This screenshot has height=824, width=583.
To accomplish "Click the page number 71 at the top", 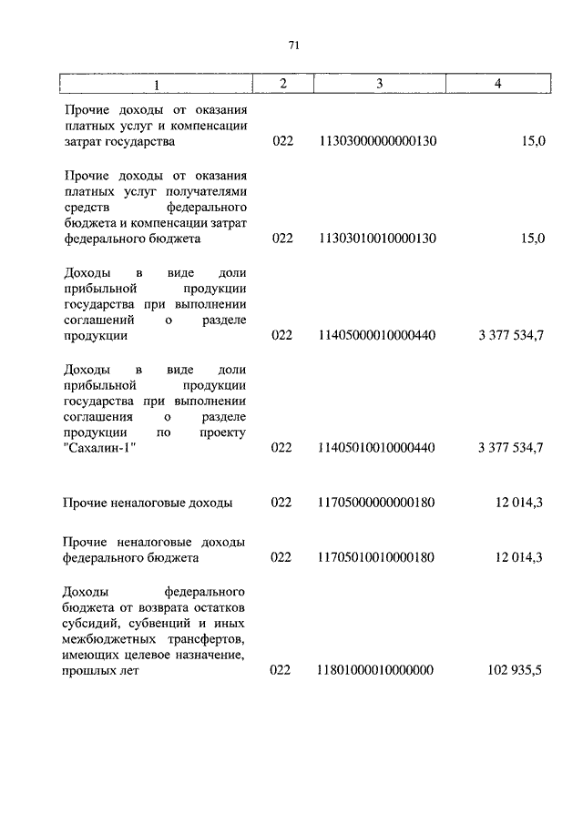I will [x=293, y=46].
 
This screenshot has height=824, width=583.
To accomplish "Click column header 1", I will [x=156, y=84].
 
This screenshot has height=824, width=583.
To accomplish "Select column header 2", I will [x=282, y=84].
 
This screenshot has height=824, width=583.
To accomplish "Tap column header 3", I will [x=377, y=84].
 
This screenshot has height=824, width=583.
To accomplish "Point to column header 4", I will [x=496, y=84].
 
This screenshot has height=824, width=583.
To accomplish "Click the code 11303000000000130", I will [x=377, y=143].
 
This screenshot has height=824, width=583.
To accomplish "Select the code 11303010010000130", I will [x=377, y=239].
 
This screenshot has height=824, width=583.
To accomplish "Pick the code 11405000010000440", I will [x=377, y=335].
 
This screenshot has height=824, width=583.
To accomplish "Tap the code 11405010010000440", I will [x=377, y=448].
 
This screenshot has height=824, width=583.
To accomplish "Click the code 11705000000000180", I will [x=377, y=503].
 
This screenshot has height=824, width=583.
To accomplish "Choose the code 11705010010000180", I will [x=377, y=557].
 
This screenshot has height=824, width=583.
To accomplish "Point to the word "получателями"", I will [x=209, y=190].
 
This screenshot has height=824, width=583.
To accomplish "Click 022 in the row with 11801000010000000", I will [x=282, y=670].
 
